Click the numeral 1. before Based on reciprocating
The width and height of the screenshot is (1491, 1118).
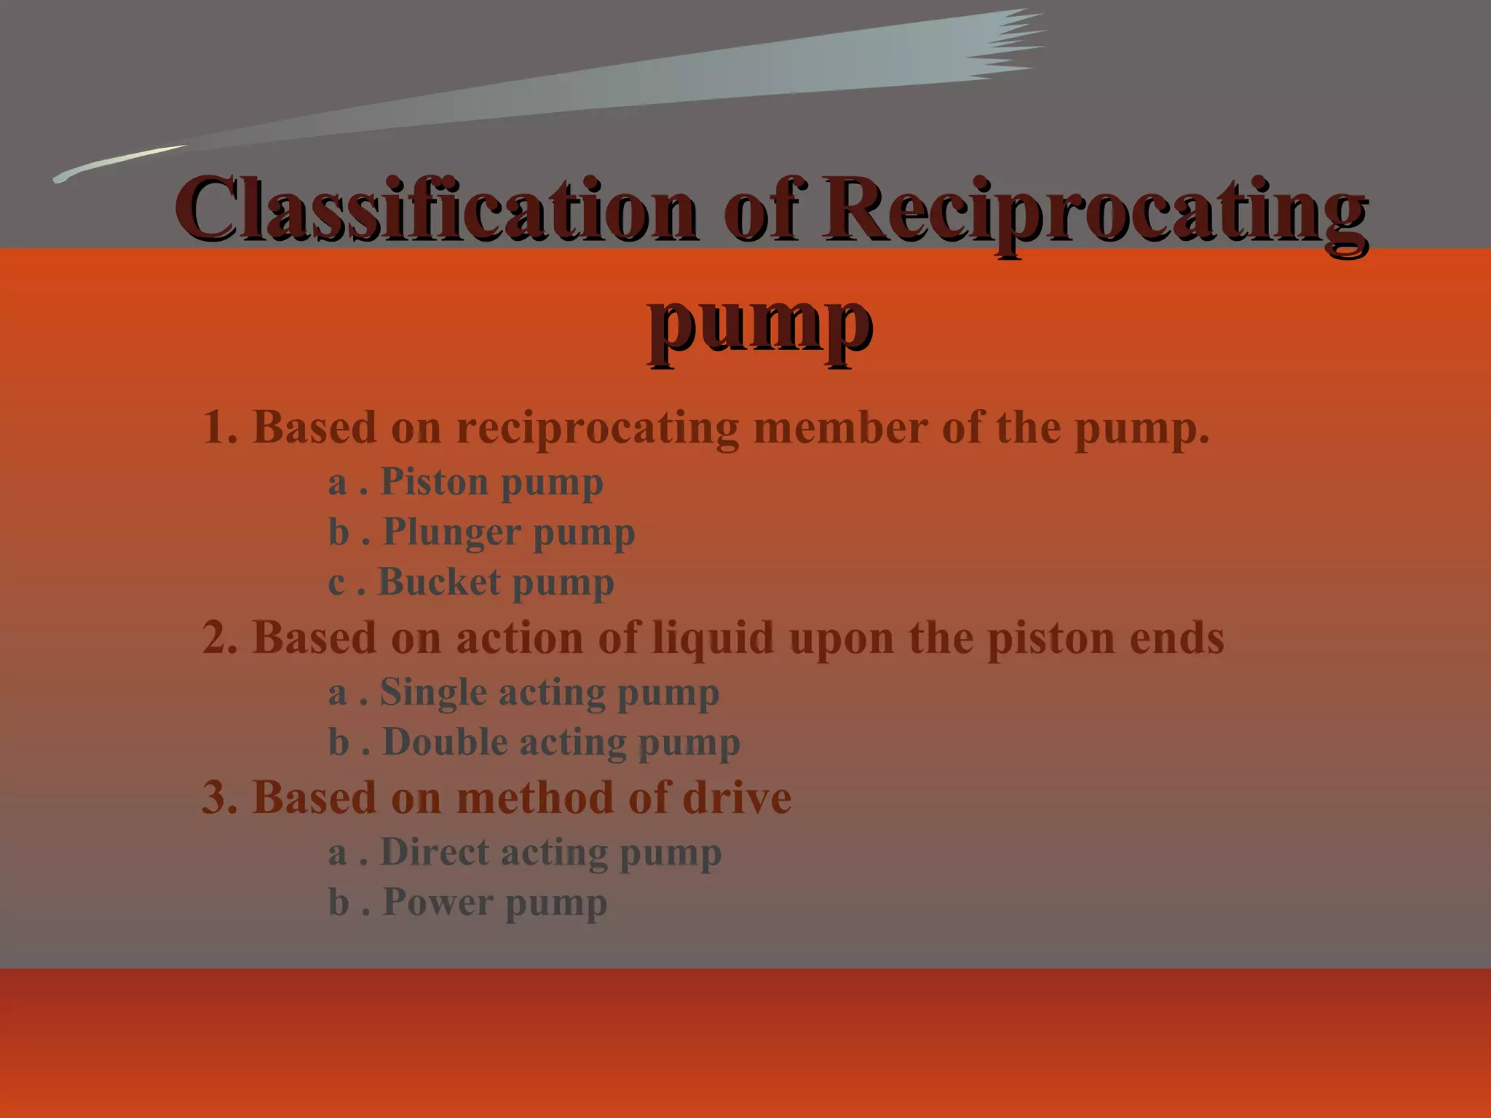coord(220,427)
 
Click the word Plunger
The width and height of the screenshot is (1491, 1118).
coord(451,532)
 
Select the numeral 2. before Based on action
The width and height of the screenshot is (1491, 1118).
coord(220,638)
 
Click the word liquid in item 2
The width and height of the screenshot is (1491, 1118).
coord(713,639)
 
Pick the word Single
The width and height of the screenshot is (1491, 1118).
coord(432,692)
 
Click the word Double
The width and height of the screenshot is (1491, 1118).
coord(445,742)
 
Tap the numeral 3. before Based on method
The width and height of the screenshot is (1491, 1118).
coord(220,798)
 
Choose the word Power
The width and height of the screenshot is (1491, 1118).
coord(437,903)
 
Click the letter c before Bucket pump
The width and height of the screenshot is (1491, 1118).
coord(336,583)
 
